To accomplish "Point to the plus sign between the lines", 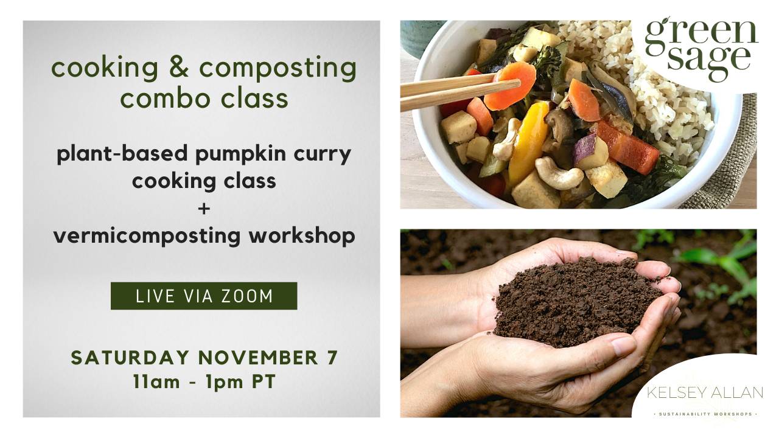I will click(x=204, y=209).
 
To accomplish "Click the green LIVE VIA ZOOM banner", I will click(x=204, y=296).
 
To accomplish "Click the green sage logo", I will click(x=701, y=49).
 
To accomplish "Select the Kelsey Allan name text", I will click(x=704, y=393).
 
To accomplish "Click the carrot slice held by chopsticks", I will click(x=510, y=85).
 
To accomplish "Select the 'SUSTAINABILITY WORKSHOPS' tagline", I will click(x=704, y=414).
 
